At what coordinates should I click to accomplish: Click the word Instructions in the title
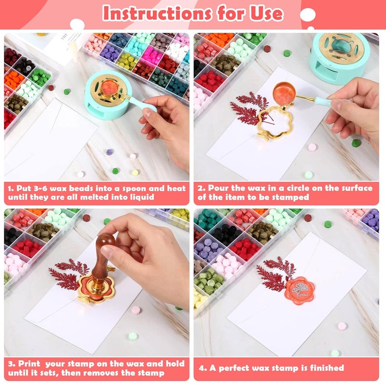(x=153, y=14)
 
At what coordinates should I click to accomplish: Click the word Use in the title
(x=264, y=14)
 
